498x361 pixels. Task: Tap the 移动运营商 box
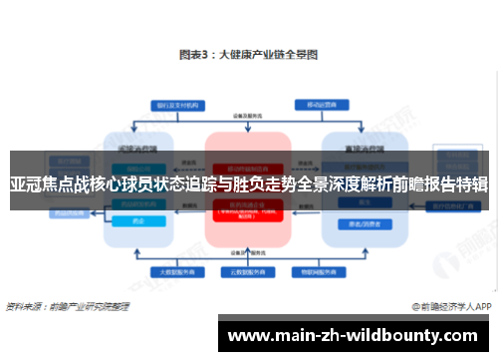tap(318, 103)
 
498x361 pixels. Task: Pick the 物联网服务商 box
tap(318, 270)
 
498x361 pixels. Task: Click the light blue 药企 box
tap(136, 221)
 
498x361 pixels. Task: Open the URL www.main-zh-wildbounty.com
tap(362, 335)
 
